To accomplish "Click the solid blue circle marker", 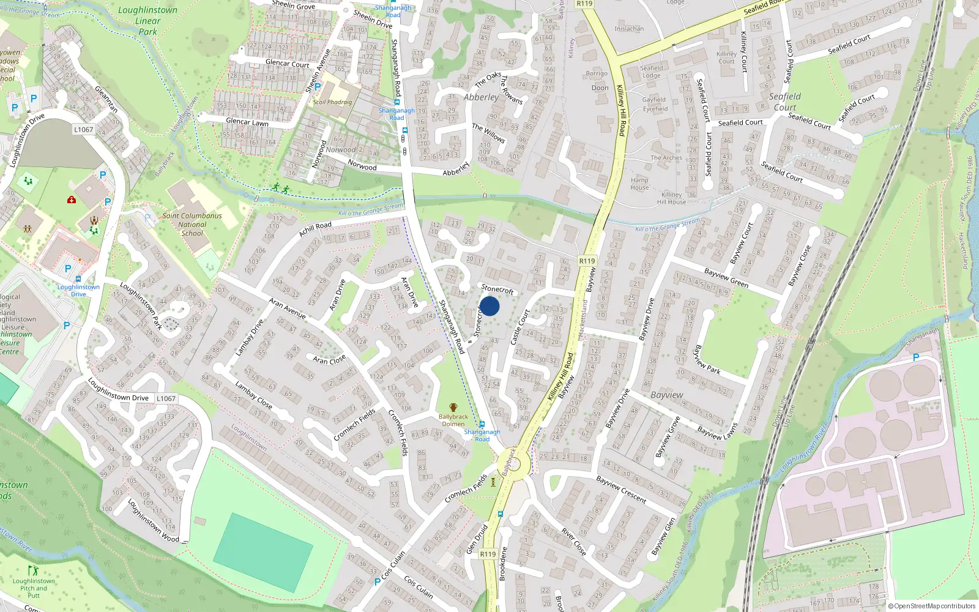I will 489,306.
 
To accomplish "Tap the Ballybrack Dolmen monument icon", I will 453,408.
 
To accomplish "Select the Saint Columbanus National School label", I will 192,225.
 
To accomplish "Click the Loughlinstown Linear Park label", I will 147,21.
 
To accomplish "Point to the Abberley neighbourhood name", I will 481,97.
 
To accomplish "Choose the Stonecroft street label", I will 497,289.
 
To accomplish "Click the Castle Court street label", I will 520,327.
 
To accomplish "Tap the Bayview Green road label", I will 726,277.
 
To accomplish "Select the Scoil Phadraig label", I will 332,102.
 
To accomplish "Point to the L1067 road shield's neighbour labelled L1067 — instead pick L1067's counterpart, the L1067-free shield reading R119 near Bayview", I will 587,261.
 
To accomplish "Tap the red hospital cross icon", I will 72,200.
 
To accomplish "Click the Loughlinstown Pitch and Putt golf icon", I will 33,570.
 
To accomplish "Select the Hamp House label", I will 639,184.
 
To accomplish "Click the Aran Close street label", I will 329,359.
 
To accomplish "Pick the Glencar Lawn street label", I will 247,122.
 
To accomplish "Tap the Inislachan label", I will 629,29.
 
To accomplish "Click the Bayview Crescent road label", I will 621,490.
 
